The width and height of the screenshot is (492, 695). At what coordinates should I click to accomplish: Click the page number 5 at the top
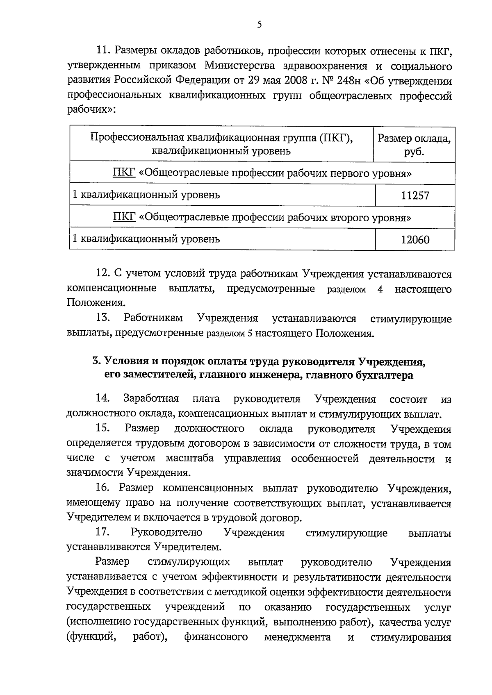tap(259, 25)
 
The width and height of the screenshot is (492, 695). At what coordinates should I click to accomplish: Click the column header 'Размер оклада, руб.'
tap(414, 145)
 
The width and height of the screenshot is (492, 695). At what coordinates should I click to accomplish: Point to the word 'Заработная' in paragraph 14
tap(151, 398)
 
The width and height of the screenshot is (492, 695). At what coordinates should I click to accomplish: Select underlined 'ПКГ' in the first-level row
tap(124, 173)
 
